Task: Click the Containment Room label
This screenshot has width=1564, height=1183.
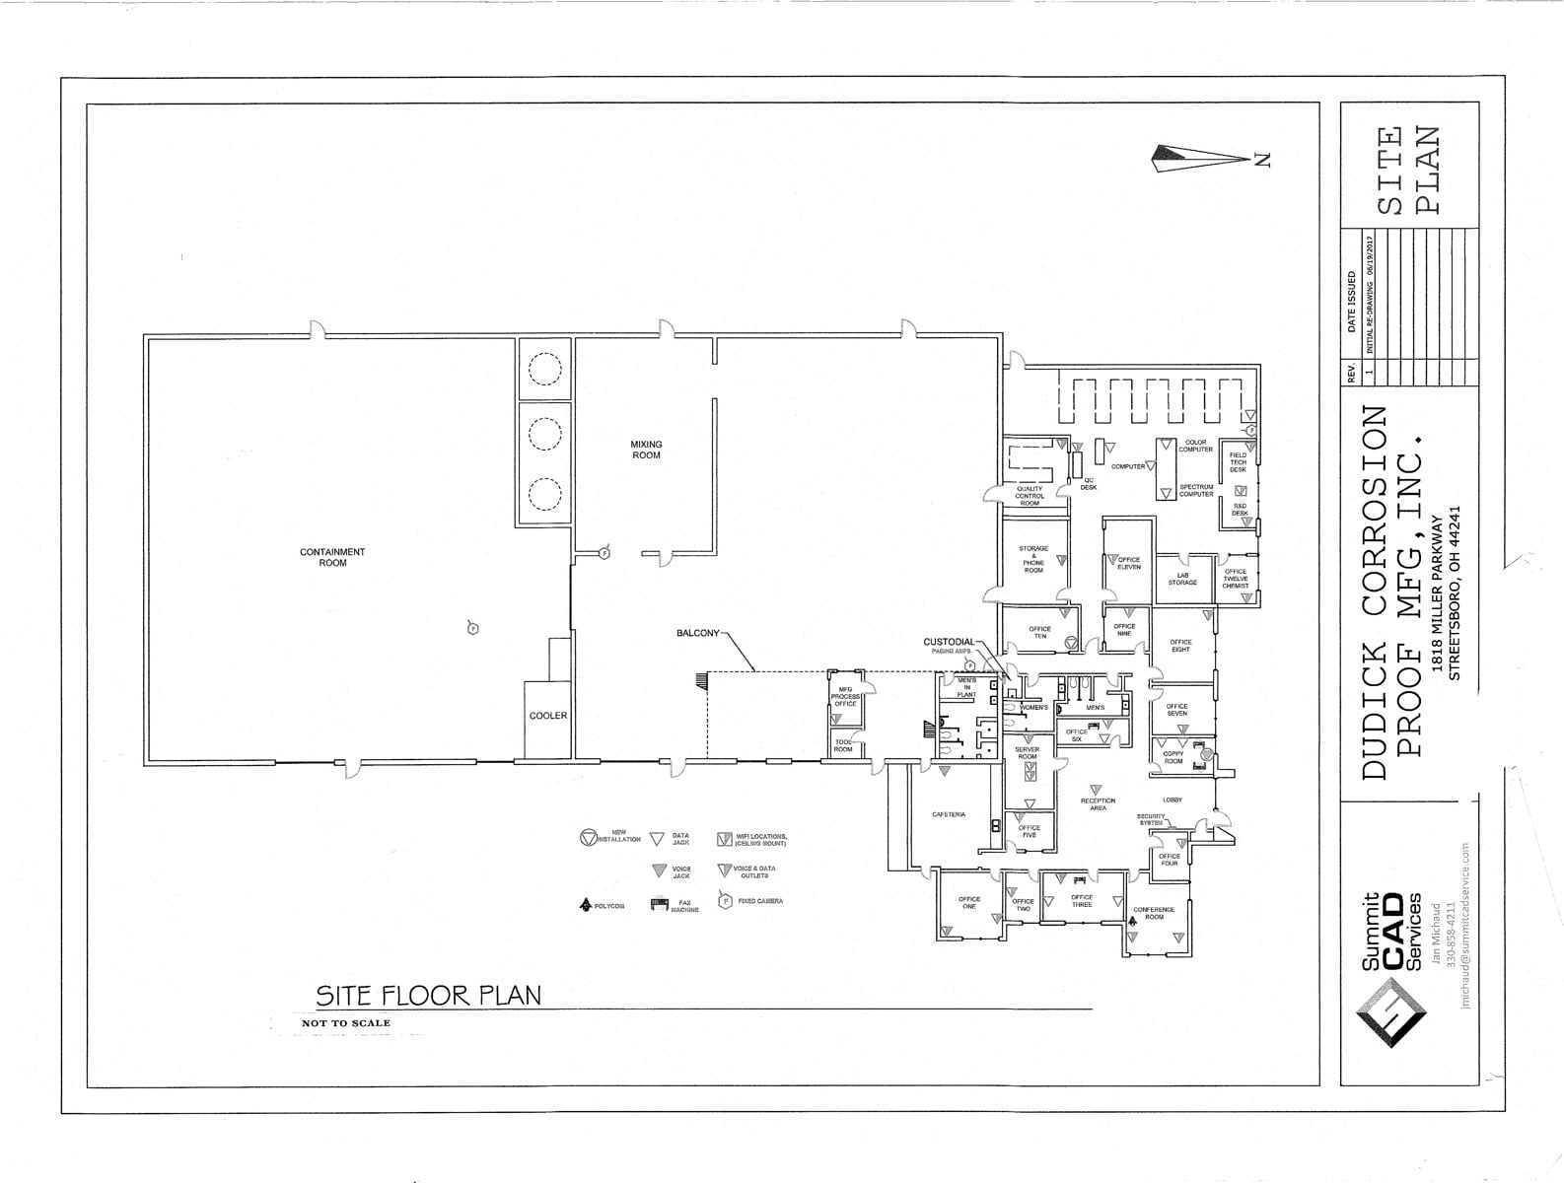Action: tap(332, 557)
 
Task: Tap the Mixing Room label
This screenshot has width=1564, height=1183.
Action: tap(646, 450)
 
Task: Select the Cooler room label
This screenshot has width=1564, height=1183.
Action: tap(548, 716)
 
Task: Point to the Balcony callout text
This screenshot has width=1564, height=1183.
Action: tap(697, 633)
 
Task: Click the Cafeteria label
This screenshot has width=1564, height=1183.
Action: tap(949, 814)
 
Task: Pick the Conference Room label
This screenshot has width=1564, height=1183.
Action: tap(1154, 913)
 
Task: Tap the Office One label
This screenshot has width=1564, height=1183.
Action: tap(969, 902)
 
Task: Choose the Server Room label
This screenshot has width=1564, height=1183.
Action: tap(1028, 753)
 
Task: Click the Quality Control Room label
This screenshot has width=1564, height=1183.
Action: tap(1030, 496)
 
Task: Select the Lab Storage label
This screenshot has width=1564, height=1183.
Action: tap(1182, 579)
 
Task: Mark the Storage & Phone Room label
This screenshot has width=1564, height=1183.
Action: tap(1033, 559)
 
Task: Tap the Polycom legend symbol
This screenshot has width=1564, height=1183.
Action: tap(585, 904)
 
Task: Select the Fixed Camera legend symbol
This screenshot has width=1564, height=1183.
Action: tap(726, 901)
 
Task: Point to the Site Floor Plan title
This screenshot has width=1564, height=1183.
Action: tap(428, 995)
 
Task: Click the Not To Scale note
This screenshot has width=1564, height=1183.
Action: tap(346, 1023)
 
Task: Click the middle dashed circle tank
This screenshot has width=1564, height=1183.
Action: tap(545, 433)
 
